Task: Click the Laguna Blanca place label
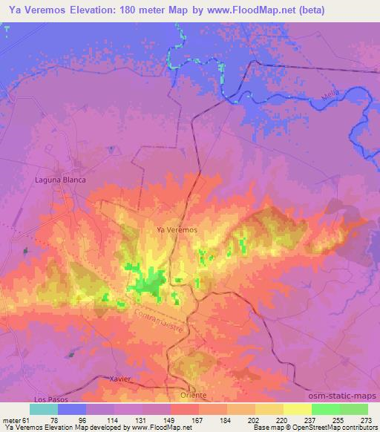(61, 180)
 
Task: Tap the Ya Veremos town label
(177, 230)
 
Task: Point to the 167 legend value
(199, 419)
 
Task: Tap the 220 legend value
(284, 419)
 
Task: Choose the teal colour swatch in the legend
(44, 409)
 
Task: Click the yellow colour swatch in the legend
(298, 409)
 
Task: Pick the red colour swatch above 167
(185, 409)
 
